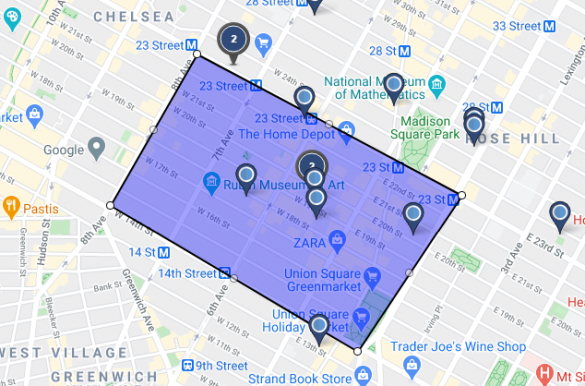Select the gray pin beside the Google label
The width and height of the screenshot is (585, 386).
[x=97, y=150]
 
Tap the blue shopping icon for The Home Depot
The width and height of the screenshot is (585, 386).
[x=347, y=129]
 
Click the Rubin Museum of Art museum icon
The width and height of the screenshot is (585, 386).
[x=212, y=181]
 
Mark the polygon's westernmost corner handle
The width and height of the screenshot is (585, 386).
[x=110, y=206]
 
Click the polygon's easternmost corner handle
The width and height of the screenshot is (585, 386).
[x=461, y=196]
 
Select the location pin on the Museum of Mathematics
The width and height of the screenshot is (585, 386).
[x=394, y=87]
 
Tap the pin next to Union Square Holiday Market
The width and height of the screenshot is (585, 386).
[x=319, y=326]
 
